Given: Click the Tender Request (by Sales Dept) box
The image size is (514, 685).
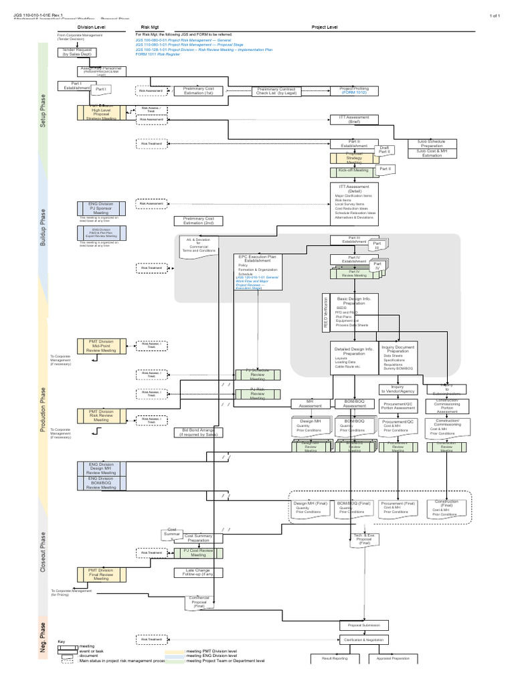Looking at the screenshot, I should point(80,52).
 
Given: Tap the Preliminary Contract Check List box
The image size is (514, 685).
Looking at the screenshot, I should point(276,91).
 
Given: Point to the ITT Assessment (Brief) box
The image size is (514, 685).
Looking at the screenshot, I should point(354,119).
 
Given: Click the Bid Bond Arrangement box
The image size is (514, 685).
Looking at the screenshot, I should point(198,432).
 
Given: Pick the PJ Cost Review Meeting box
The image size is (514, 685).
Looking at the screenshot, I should point(198,552).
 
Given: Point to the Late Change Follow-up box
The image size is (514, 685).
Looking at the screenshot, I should point(198,572).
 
